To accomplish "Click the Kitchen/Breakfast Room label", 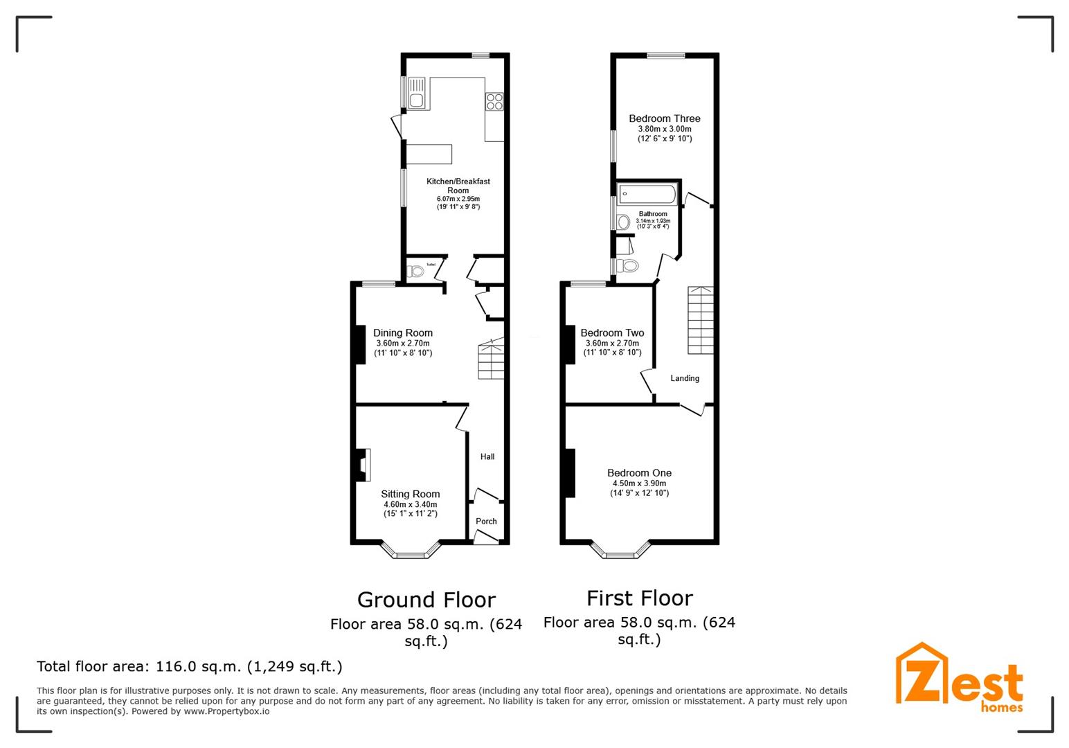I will click(458, 186).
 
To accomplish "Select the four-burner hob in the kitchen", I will click(494, 101).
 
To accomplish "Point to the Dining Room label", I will click(403, 333).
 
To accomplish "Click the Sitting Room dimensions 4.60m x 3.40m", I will click(411, 504).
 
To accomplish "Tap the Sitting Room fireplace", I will click(363, 465).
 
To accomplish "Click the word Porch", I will click(486, 522).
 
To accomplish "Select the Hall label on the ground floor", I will click(487, 457).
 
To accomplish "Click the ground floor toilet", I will click(416, 271).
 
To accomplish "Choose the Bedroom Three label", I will click(665, 118).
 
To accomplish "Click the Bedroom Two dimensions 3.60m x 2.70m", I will click(612, 343).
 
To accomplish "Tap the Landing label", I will click(685, 378).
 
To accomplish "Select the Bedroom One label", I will click(639, 473).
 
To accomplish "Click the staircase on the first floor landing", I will click(701, 320).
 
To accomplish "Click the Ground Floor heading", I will click(426, 600).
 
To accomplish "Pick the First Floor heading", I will click(639, 598).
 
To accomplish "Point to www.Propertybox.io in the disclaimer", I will click(226, 711).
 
